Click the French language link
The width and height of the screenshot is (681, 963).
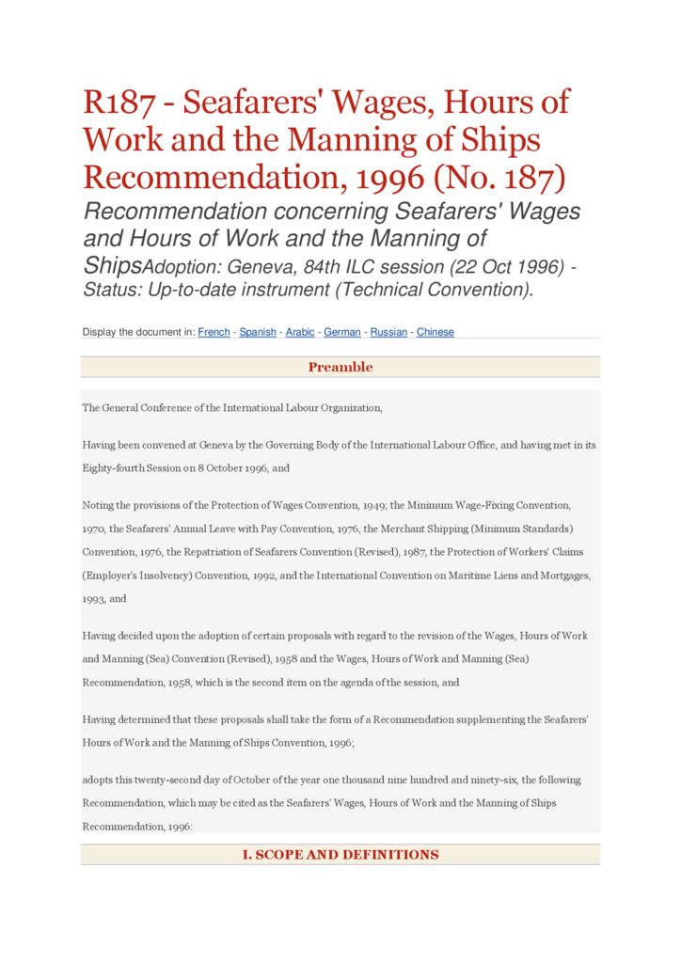point(214,332)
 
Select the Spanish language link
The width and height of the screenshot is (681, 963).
point(258,332)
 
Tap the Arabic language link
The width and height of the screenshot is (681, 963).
point(300,332)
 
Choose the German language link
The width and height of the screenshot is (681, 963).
point(342,332)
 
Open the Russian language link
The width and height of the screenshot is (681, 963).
point(388,332)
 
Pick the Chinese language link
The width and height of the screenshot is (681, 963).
point(436,332)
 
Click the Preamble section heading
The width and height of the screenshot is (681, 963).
point(340,367)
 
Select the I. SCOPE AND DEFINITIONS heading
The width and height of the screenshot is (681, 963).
point(340,855)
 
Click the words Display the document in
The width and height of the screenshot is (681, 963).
point(138,332)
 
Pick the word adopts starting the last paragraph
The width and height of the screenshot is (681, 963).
point(97,781)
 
